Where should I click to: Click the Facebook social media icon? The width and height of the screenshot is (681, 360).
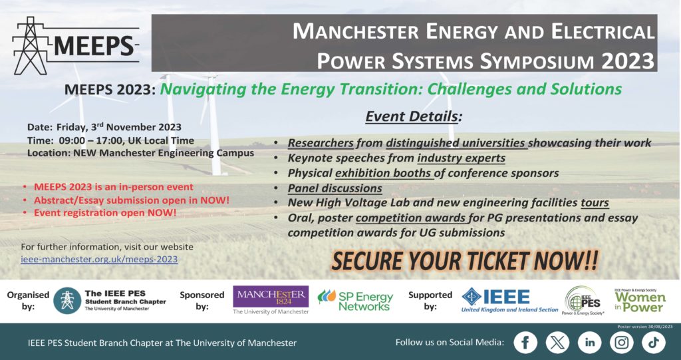point(525,343)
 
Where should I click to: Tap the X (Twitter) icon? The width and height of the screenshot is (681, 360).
point(557,343)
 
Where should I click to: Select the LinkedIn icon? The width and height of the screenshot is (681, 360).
point(589,343)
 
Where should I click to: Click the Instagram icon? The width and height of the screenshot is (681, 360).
point(622,343)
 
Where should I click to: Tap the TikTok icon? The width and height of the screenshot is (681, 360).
point(654,343)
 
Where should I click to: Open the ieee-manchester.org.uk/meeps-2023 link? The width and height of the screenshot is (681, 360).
point(99,260)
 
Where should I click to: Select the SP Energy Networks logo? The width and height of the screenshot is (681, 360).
point(355,301)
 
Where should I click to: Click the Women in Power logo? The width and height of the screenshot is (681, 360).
point(640,300)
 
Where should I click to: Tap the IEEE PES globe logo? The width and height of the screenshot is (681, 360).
point(583,300)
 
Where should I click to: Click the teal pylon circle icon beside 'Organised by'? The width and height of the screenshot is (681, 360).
point(67,300)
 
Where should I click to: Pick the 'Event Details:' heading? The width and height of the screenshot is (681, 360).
point(414,116)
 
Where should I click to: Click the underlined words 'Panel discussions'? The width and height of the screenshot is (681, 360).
point(335,188)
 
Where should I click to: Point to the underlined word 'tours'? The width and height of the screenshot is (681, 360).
point(595,203)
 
